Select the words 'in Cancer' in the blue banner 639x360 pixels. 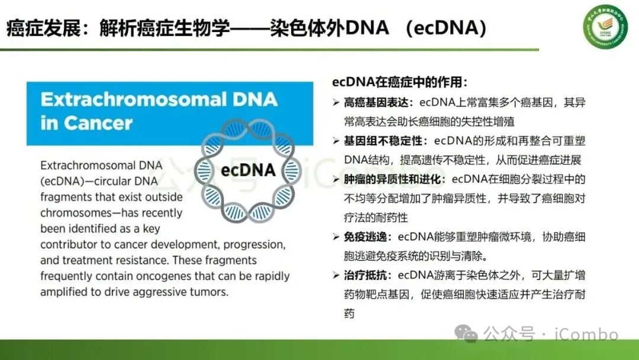click(x=86, y=123)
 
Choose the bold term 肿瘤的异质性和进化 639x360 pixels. click(x=391, y=179)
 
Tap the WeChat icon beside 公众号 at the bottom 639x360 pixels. click(x=470, y=335)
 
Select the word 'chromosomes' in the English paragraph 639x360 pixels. click(x=72, y=213)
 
